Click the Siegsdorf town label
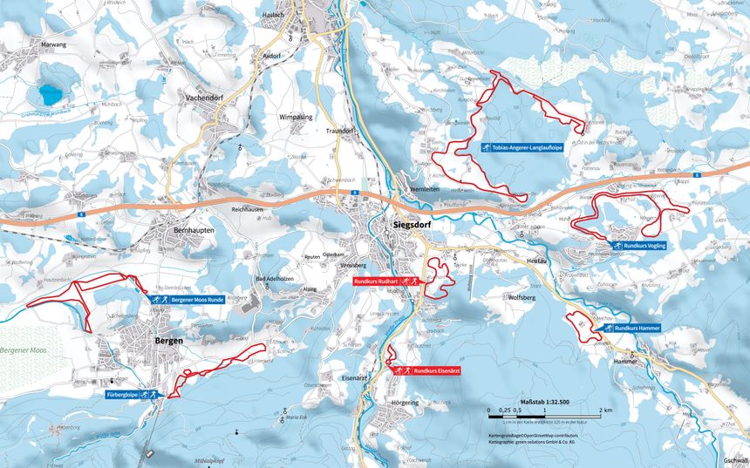(x=407, y=224)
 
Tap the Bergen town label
(x=168, y=340)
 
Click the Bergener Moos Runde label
(x=195, y=300)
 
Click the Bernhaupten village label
(x=181, y=228)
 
